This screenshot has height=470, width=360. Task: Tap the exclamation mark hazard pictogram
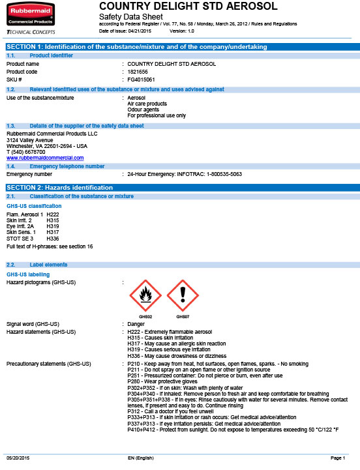[183, 297]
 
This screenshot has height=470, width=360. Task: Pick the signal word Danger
[136, 324]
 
